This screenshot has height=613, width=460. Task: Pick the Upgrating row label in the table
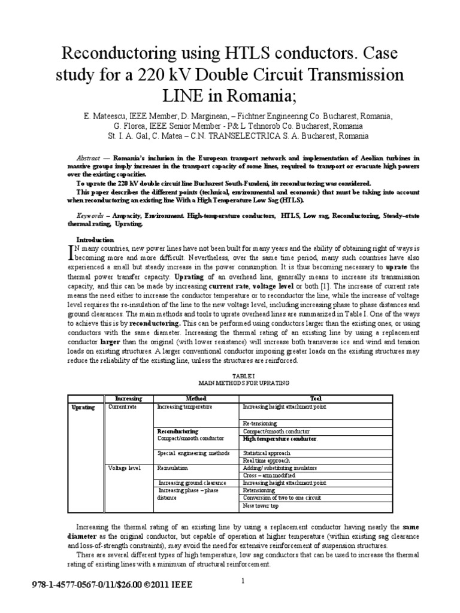pyautogui.click(x=83, y=407)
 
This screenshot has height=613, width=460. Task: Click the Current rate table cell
pyautogui.click(x=122, y=407)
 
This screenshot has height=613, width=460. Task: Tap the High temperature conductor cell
pyautogui.click(x=279, y=439)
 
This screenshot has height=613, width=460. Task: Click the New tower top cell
pyautogui.click(x=261, y=506)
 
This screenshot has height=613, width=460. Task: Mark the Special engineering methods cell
pyautogui.click(x=193, y=453)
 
